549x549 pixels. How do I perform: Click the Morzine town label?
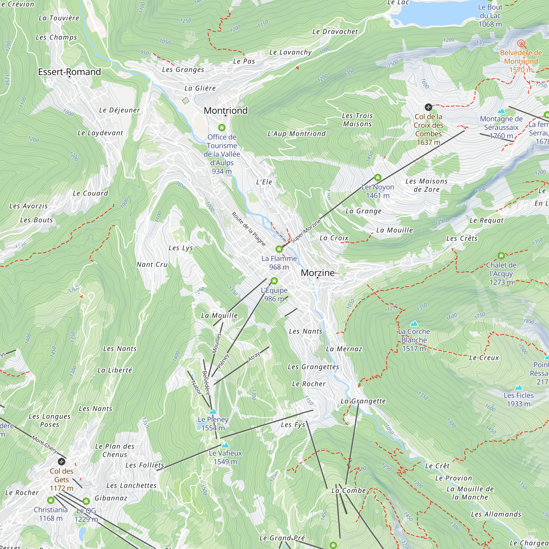(x=318, y=273)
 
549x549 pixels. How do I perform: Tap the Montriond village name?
(x=226, y=111)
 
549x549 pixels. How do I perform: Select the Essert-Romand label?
(x=69, y=72)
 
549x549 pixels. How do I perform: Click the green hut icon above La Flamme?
(x=279, y=249)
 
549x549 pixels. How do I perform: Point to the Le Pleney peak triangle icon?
(x=213, y=412)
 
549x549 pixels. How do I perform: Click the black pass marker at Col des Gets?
(x=61, y=461)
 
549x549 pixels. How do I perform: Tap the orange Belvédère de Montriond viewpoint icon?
(x=521, y=43)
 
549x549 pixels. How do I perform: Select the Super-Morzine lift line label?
(x=306, y=231)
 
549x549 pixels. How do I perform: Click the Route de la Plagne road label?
(x=249, y=229)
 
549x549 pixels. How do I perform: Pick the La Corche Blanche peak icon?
(x=414, y=323)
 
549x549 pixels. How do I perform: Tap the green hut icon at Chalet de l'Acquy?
(x=501, y=256)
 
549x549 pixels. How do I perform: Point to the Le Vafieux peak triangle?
(x=225, y=445)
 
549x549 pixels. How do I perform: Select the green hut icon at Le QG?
(x=86, y=501)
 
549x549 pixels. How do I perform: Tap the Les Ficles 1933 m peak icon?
(x=519, y=388)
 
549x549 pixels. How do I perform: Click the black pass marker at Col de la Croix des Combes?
(x=428, y=107)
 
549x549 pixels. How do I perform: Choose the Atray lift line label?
(x=254, y=357)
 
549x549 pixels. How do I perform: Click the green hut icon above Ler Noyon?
(x=377, y=178)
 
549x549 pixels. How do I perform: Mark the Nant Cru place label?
(x=152, y=265)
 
